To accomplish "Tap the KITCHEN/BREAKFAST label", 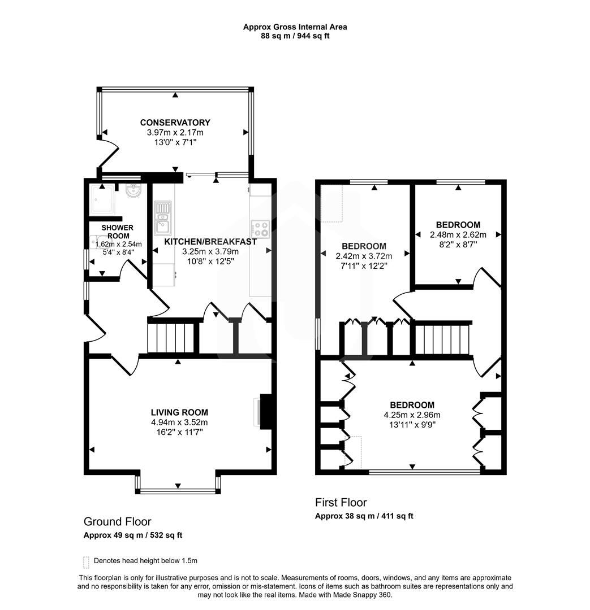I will coord(210,242).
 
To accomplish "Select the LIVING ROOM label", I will coord(179,412).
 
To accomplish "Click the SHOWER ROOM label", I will coord(117,232).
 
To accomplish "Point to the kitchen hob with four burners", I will coord(260,228).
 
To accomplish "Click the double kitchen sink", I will coord(163,217).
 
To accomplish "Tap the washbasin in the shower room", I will coord(134,191).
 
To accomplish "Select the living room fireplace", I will coord(264,411).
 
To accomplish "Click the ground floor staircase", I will coord(170,337).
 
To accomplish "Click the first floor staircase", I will coord(443,338).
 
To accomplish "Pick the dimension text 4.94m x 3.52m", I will coord(179,422).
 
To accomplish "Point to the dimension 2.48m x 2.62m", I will coord(455,234).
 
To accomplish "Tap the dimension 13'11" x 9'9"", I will coord(412,424).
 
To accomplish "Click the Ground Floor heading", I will coord(117,521).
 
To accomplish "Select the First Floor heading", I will coord(341,502).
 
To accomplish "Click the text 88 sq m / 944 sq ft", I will coord(294,36).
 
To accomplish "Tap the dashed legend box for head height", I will coord(86,561).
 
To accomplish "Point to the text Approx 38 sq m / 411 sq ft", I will coord(364,516).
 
